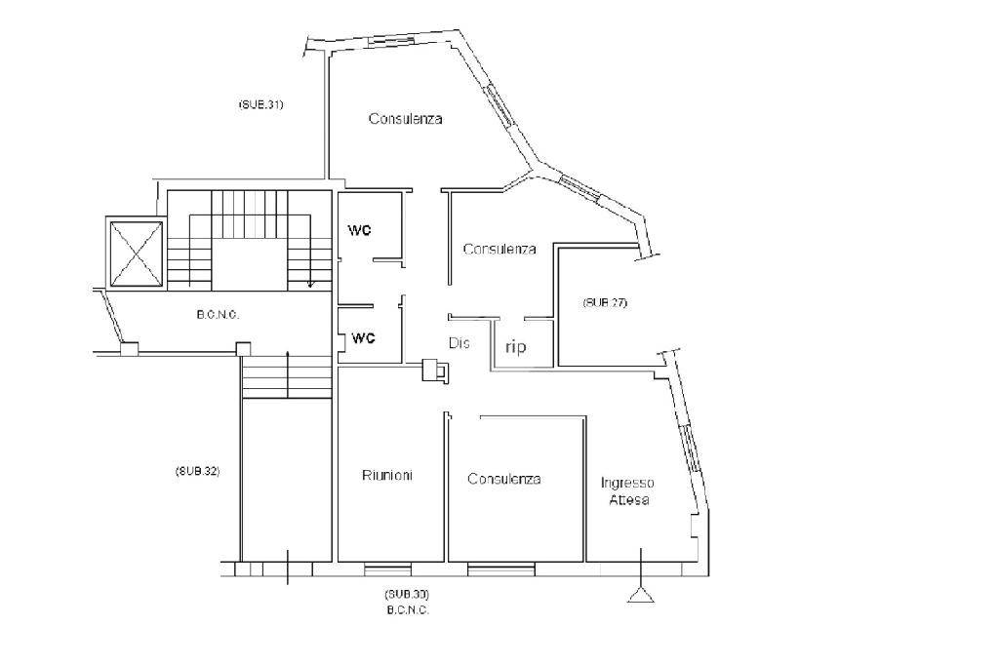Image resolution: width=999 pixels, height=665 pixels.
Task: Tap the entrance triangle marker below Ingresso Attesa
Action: tap(641, 595)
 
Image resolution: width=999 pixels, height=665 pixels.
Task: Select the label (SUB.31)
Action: tap(260, 104)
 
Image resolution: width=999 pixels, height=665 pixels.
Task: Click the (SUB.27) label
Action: tap(605, 302)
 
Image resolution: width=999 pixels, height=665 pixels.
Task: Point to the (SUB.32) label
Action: tap(197, 471)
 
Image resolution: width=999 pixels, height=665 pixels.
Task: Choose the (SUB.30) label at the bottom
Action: tap(407, 594)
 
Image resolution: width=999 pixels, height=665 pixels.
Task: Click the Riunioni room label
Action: tap(387, 475)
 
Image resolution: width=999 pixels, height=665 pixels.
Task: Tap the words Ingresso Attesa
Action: tap(628, 491)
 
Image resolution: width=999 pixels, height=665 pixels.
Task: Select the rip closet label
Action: tap(515, 347)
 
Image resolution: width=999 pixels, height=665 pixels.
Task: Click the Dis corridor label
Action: tap(460, 342)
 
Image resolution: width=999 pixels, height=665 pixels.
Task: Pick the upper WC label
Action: tap(359, 230)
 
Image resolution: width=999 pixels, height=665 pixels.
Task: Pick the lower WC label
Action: tap(363, 338)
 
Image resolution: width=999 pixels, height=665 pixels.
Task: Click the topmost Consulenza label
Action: tap(405, 119)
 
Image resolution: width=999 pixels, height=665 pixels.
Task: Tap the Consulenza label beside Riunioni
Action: tap(504, 479)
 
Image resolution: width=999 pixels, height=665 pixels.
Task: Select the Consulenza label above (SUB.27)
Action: tap(499, 249)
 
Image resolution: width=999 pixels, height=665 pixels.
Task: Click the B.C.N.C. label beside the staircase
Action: tap(218, 315)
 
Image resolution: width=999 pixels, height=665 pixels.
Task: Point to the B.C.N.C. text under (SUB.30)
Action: tap(408, 610)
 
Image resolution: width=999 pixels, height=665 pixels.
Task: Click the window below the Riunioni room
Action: tap(387, 568)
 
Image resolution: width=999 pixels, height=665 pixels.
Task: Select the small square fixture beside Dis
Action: tap(436, 370)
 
